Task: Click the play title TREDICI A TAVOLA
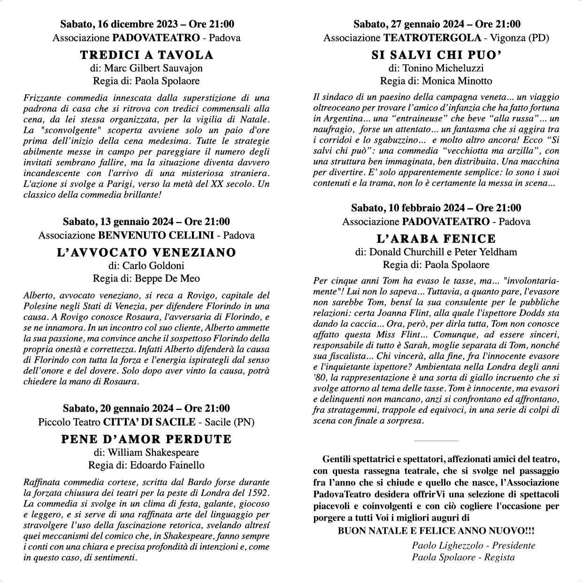146,55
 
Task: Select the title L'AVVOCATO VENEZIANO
146,253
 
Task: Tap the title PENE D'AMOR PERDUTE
146,439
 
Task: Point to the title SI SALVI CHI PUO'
436,55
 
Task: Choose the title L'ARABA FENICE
436,238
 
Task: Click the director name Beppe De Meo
168,278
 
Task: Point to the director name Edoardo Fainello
167,465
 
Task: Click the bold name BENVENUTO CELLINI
156,235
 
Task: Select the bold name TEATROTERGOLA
432,38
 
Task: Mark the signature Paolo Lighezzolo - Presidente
474,545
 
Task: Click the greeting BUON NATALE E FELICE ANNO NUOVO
436,531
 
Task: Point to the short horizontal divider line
436,441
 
